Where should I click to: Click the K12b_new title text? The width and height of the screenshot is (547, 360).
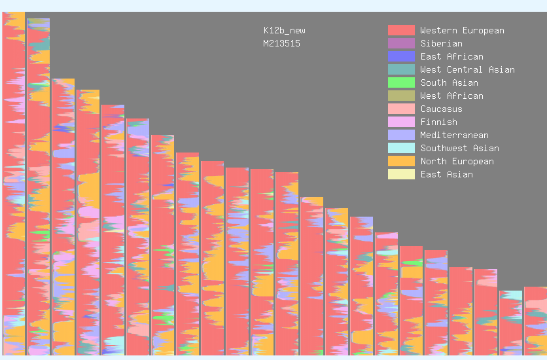point(284,30)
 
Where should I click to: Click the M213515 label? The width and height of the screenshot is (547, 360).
point(281,43)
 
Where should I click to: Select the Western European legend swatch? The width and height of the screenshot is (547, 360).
point(401,30)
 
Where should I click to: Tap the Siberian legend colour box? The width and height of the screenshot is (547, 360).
point(401,43)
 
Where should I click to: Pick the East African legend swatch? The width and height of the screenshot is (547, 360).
point(401,56)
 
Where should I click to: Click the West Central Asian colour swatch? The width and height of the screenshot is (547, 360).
point(401,69)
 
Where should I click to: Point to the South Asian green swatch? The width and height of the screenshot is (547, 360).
point(401,82)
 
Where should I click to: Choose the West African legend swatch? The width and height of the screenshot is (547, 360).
point(401,96)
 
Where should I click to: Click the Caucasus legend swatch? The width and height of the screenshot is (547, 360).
point(401,109)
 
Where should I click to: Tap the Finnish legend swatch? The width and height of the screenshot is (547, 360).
point(401,122)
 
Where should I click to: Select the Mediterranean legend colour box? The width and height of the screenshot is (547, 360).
point(401,135)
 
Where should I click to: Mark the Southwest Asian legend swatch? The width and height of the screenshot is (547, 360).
point(401,148)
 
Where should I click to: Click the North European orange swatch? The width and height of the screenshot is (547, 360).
point(401,161)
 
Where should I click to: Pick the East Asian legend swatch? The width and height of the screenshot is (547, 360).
point(401,174)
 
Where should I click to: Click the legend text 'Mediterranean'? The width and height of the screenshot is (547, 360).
point(454,135)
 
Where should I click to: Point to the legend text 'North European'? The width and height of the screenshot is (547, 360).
point(457,161)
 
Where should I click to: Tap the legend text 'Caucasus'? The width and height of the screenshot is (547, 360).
point(441,109)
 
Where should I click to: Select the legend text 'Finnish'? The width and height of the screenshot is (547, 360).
point(438,122)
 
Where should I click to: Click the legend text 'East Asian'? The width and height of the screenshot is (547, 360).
point(446,174)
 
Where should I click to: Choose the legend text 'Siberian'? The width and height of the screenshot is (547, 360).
point(441,43)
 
